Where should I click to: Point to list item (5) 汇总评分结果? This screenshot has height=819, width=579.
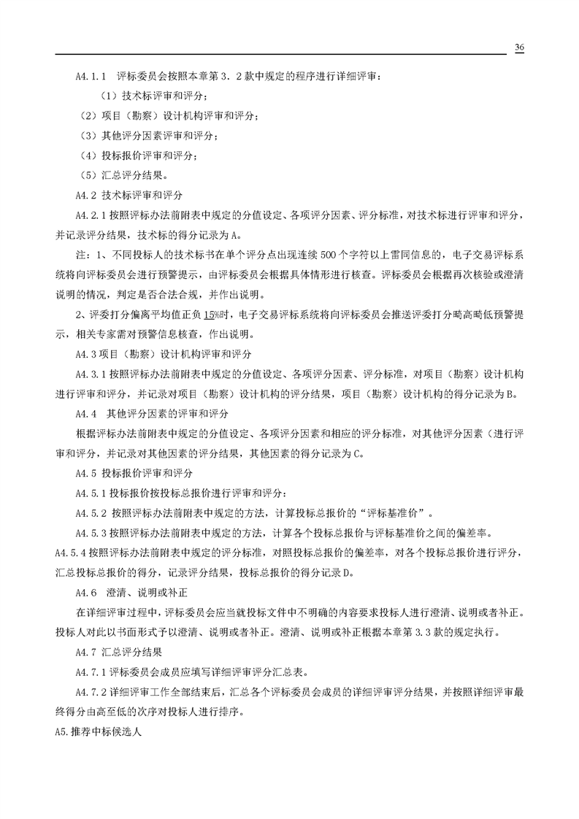point(123,175)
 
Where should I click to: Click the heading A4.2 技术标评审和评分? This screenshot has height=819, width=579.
point(129,196)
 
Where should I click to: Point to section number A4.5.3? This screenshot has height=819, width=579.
point(91,532)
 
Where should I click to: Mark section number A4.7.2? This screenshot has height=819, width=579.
point(91,690)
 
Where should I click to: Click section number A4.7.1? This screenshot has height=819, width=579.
point(91,670)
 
